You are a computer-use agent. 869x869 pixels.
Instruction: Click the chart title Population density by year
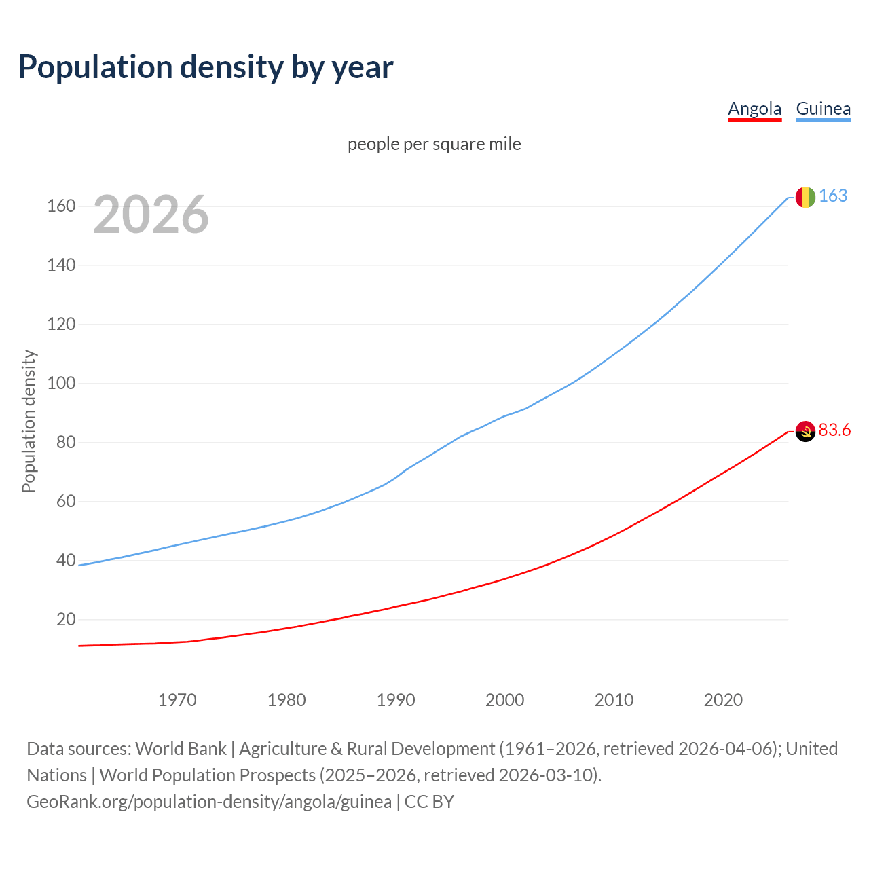point(206,67)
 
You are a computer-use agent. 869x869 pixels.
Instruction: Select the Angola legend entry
point(754,109)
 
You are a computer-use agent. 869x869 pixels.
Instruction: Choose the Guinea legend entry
point(823,109)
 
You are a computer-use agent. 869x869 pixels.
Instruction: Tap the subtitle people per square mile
point(434,144)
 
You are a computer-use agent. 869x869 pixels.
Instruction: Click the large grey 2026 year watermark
point(151,215)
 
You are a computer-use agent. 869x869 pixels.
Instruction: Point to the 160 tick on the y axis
point(61,206)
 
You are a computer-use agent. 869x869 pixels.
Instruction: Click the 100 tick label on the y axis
point(61,383)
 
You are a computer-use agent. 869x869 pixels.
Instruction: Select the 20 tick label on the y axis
point(66,619)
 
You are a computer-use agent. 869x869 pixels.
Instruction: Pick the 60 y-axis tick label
point(66,501)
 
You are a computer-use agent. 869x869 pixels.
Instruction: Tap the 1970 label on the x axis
point(177,700)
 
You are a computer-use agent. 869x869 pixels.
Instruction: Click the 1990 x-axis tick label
point(396,700)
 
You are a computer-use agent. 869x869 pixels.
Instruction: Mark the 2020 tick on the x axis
point(723,700)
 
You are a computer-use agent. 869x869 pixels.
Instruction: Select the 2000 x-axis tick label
point(504,700)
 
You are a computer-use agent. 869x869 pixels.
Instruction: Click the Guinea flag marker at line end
point(805,197)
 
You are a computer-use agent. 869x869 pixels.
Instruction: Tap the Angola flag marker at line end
point(805,431)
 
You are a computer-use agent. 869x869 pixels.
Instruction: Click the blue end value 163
point(833,196)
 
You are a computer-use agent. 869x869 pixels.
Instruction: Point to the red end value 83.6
point(834,430)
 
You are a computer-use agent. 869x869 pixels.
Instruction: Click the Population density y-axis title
point(29,421)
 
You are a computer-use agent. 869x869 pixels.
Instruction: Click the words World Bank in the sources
point(181,749)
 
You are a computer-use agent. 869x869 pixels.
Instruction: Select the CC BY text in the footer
point(429,802)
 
